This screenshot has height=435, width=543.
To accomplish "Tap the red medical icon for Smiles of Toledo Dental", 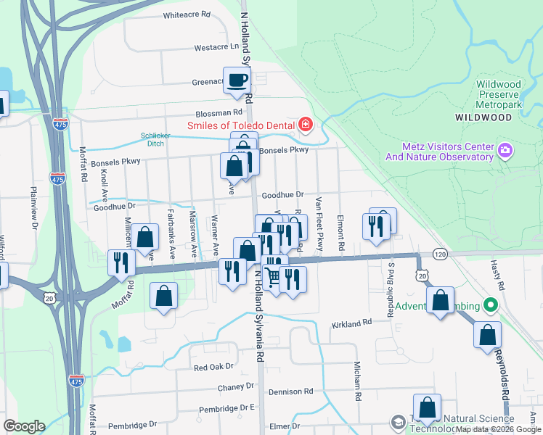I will (x=305, y=125).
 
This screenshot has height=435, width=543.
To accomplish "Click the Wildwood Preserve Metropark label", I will (x=498, y=95).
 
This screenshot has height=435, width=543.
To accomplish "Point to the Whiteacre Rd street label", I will (x=187, y=14).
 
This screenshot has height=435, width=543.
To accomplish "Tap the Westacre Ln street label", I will (x=216, y=47).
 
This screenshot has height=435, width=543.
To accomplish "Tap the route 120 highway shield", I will (x=440, y=254).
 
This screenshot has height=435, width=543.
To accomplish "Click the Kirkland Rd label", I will (x=352, y=321).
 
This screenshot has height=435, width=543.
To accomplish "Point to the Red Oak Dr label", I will (x=213, y=368).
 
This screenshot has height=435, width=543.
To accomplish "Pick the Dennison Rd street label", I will (x=287, y=391).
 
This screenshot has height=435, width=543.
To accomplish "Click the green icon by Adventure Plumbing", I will (x=491, y=305).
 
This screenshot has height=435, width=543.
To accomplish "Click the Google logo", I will (x=24, y=426).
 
